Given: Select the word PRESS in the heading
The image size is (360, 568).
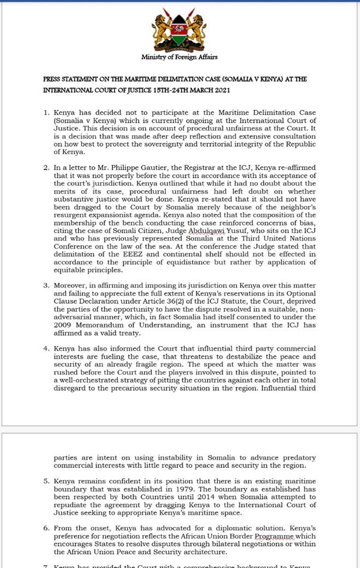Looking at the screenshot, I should pos(53,79).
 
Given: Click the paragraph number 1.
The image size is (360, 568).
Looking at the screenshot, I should pos(46,112).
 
